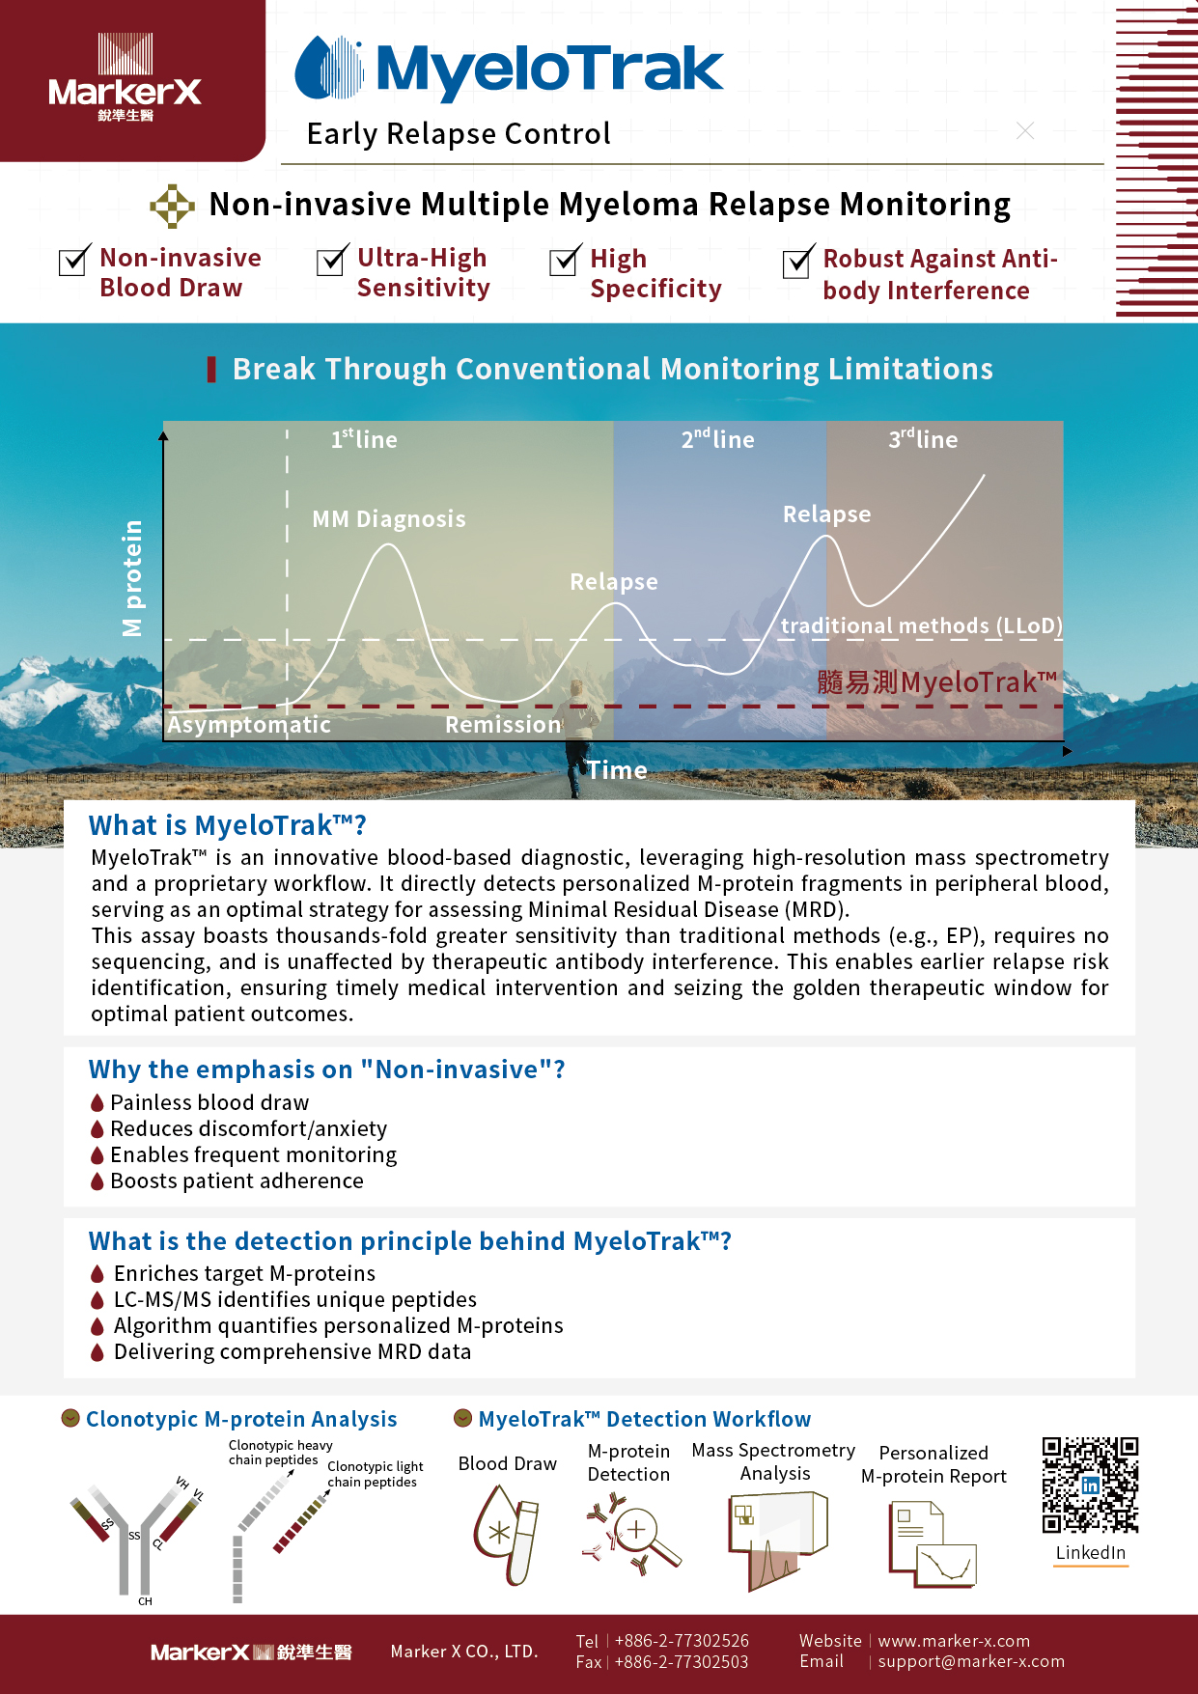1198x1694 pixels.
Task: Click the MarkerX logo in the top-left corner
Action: point(125,78)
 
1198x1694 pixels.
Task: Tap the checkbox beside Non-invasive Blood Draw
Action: point(73,261)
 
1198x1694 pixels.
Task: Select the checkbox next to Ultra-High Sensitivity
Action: point(331,261)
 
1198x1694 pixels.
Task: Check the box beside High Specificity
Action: point(564,261)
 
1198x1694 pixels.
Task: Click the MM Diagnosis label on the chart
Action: point(389,519)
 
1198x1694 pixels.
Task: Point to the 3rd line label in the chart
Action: point(923,440)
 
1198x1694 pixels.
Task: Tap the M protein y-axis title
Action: point(132,578)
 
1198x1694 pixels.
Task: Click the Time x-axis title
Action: point(618,770)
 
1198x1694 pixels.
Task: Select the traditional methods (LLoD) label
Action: point(921,625)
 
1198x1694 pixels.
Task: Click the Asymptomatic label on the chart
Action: point(249,725)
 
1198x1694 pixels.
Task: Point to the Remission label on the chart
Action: point(503,725)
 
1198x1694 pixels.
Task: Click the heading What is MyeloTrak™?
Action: point(228,825)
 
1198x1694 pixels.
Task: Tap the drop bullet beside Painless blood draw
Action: point(98,1102)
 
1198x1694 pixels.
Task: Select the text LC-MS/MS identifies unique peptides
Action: point(295,1299)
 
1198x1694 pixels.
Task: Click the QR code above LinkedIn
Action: point(1090,1485)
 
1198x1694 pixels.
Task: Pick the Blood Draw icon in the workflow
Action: point(506,1535)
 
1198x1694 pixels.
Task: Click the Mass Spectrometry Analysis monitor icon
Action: point(777,1539)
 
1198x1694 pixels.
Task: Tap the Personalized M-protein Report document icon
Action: point(932,1544)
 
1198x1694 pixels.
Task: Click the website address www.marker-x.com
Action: point(954,1641)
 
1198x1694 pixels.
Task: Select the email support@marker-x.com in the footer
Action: point(971,1661)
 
